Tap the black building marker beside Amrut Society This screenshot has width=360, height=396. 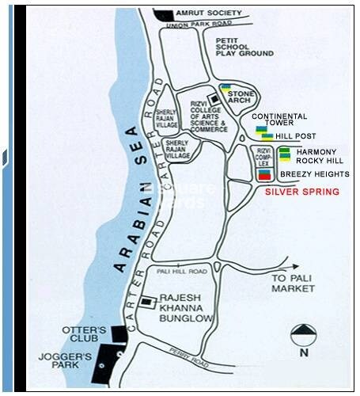point(164,14)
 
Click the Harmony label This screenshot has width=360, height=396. point(316,151)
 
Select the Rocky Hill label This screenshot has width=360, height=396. point(317,162)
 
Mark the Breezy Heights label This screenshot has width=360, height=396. point(315,174)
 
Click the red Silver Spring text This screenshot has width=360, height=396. point(301,192)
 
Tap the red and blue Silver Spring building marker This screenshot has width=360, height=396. point(264,175)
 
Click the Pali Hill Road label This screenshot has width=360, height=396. point(181,272)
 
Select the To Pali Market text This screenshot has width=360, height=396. point(293,284)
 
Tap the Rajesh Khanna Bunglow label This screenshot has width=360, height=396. point(187,307)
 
